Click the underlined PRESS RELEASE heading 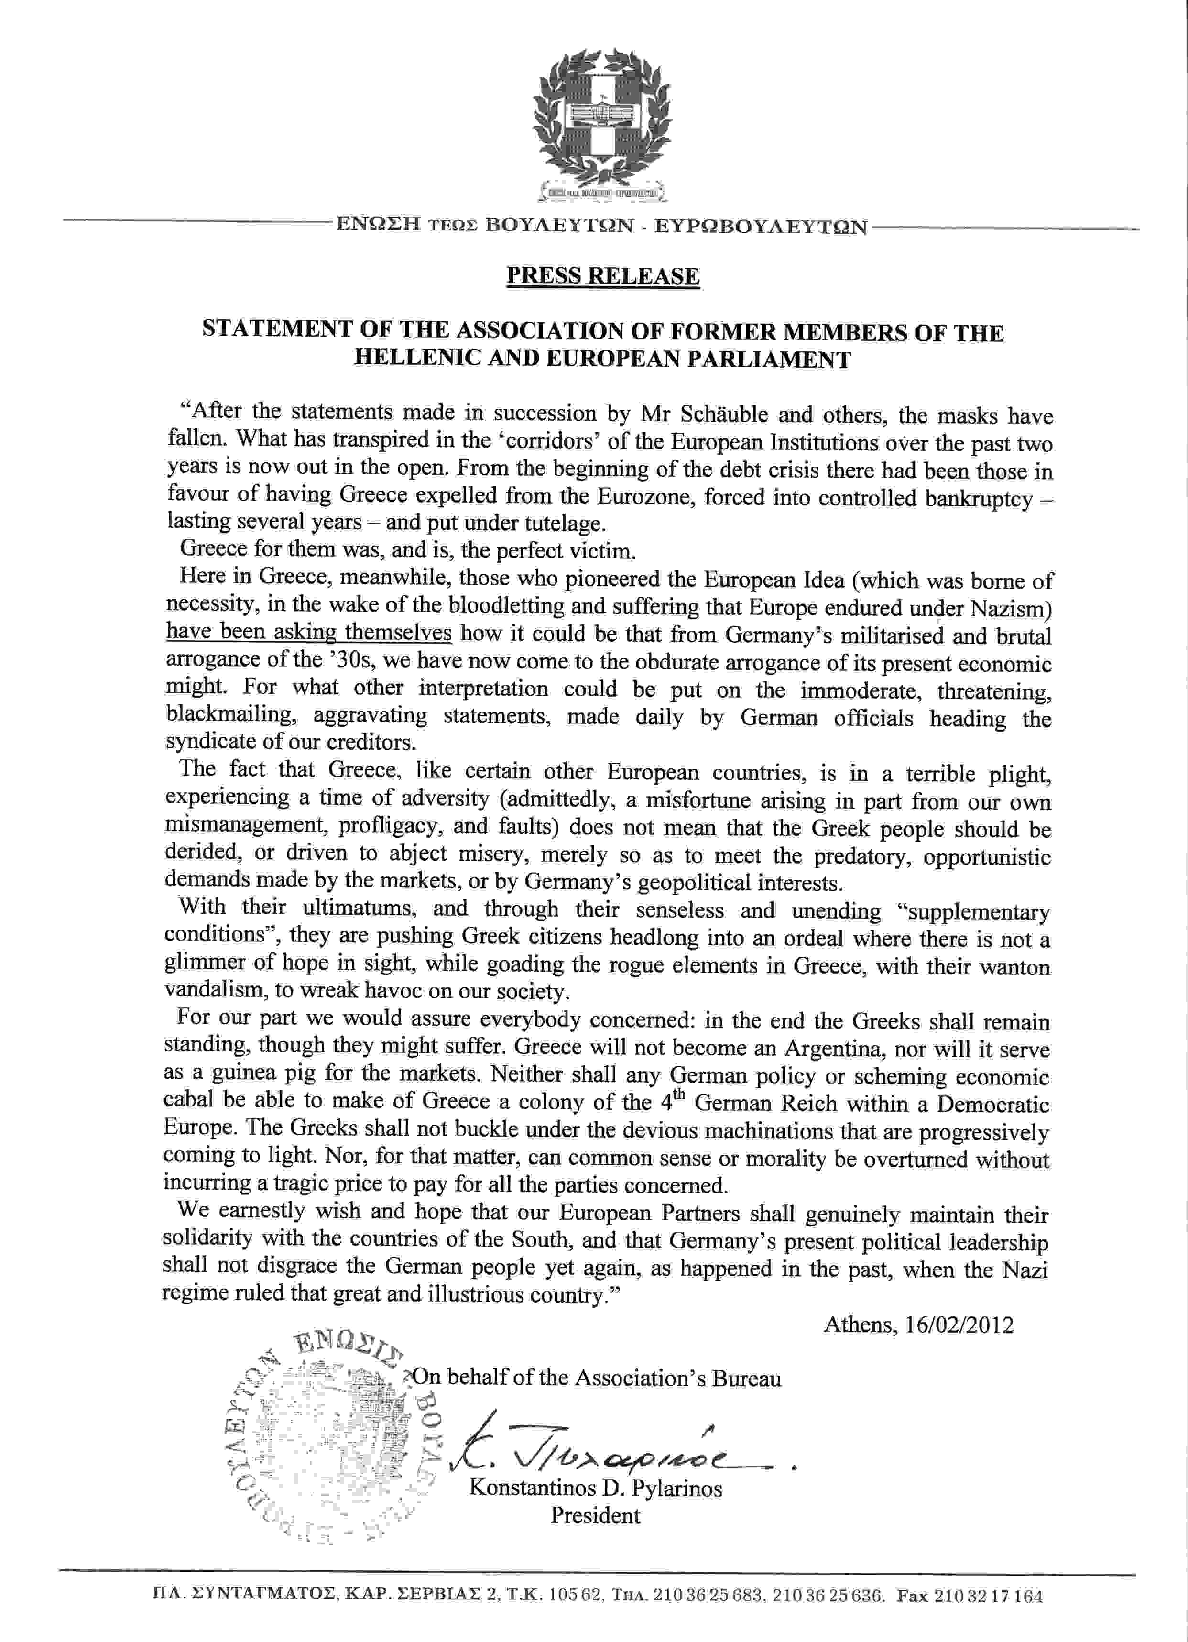point(603,276)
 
